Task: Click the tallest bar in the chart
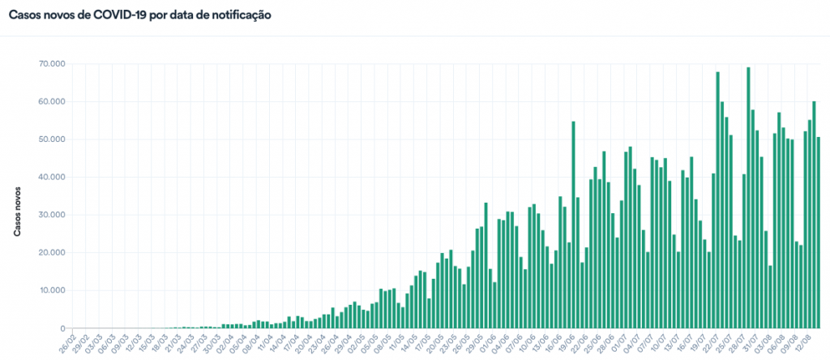point(748,198)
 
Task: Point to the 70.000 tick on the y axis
point(52,64)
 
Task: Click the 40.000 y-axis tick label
point(52,177)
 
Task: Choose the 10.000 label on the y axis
point(52,290)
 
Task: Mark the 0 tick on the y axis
point(58,328)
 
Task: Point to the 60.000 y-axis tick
point(52,102)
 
